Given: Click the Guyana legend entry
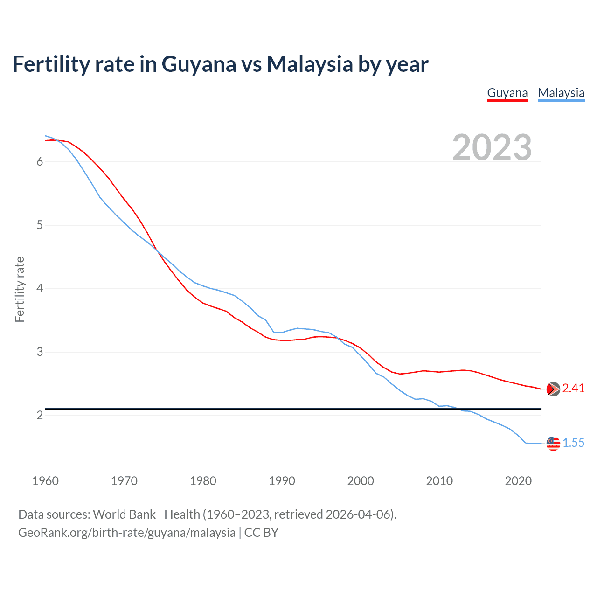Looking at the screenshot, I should click(x=507, y=93).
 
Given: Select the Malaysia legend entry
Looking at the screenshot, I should click(x=561, y=93).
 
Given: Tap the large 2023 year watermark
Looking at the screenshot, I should click(x=492, y=147).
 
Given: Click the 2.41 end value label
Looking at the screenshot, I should click(x=573, y=389).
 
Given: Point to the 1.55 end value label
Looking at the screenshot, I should click(x=573, y=443).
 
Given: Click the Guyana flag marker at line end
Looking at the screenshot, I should click(x=553, y=389).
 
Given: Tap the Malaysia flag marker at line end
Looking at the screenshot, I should click(x=553, y=444).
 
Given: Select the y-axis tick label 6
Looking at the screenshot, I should click(x=40, y=162).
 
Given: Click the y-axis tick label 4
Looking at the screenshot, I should click(x=40, y=289).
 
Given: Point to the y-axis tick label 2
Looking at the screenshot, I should click(x=40, y=415).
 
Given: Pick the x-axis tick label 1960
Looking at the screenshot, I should click(x=45, y=481).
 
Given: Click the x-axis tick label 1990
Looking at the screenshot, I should click(x=282, y=481).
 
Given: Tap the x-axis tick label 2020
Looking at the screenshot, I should click(x=518, y=481).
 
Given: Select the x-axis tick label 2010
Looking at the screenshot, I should click(x=439, y=481).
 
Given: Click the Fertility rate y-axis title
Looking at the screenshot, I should click(x=20, y=289).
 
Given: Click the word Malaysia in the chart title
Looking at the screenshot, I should click(x=310, y=64).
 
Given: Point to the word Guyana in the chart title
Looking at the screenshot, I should click(x=199, y=64).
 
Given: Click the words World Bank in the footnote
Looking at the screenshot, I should click(x=124, y=514).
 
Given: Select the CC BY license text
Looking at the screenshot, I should click(x=261, y=533).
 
